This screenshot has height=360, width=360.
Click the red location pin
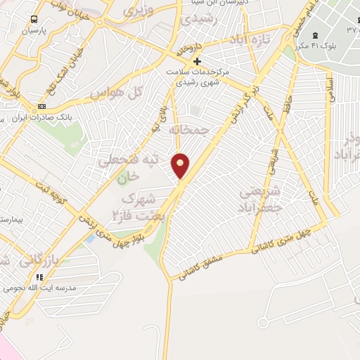click(x=181, y=165)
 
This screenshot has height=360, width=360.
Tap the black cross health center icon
click(x=197, y=61)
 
